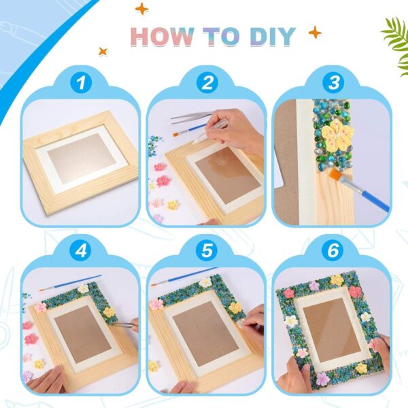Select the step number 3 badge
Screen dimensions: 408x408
coord(333,84)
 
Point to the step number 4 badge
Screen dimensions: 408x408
coord(82,251)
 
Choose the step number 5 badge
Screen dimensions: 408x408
coord(207,251)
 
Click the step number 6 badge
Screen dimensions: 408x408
coord(333,251)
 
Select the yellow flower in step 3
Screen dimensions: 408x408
coord(337,135)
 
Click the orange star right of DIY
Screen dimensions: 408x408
coord(314,32)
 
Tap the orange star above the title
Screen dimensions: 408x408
coord(142,9)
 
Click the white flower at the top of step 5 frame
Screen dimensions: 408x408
coord(205,282)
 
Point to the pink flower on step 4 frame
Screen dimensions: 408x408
coord(41,307)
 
